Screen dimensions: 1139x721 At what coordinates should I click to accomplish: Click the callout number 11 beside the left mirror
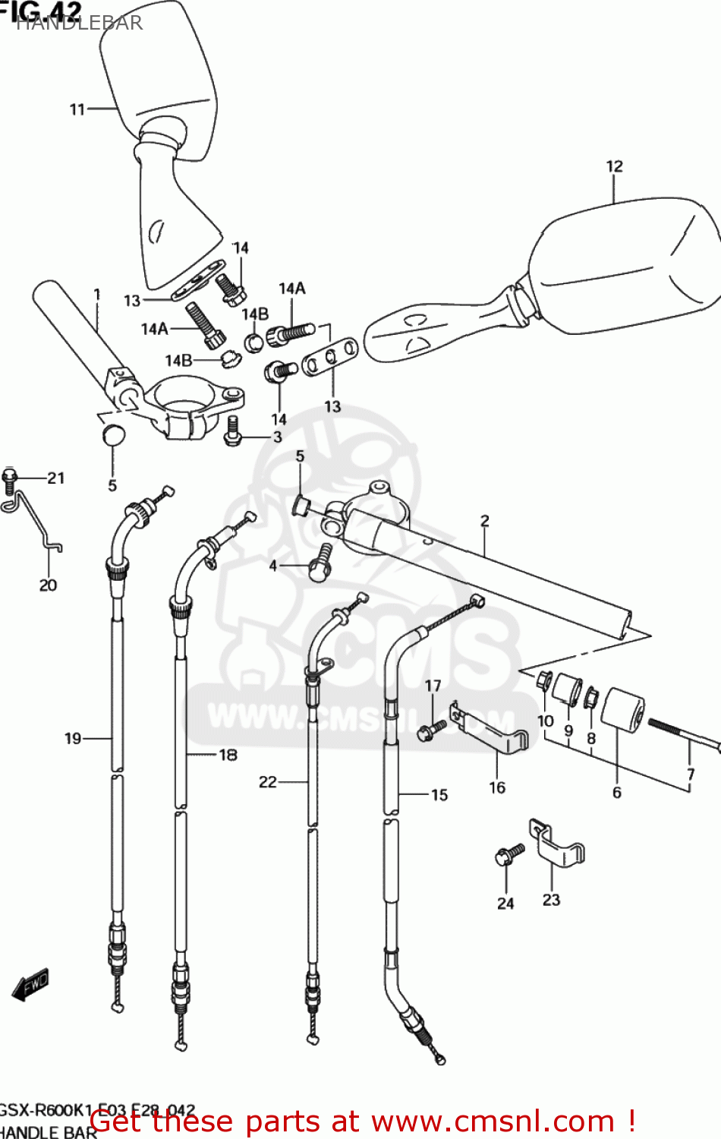pyautogui.click(x=77, y=109)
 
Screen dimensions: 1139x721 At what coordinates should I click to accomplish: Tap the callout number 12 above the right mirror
pyautogui.click(x=614, y=166)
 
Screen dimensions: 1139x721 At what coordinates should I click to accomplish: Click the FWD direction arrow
pyautogui.click(x=31, y=985)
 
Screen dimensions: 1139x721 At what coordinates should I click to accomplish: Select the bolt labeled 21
pyautogui.click(x=9, y=478)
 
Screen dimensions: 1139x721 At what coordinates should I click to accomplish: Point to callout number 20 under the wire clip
pyautogui.click(x=48, y=585)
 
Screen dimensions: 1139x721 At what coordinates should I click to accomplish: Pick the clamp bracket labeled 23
pyautogui.click(x=558, y=845)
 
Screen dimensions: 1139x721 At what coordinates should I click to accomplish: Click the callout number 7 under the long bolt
pyautogui.click(x=690, y=775)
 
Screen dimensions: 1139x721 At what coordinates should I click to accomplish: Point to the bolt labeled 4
pyautogui.click(x=320, y=563)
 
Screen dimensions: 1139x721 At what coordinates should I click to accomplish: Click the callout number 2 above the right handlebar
pyautogui.click(x=484, y=520)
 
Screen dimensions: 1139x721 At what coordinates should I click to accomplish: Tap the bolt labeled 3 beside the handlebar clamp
pyautogui.click(x=233, y=431)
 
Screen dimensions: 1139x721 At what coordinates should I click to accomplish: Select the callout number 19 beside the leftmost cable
pyautogui.click(x=72, y=738)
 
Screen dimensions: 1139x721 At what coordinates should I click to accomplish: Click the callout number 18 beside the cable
pyautogui.click(x=228, y=755)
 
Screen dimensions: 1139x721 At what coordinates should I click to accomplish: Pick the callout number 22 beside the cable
pyautogui.click(x=268, y=781)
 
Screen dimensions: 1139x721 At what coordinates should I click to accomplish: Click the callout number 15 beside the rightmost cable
pyautogui.click(x=439, y=795)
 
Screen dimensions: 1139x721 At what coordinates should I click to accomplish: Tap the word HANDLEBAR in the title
pyautogui.click(x=80, y=23)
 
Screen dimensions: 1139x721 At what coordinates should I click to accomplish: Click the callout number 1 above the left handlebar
pyautogui.click(x=97, y=294)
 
